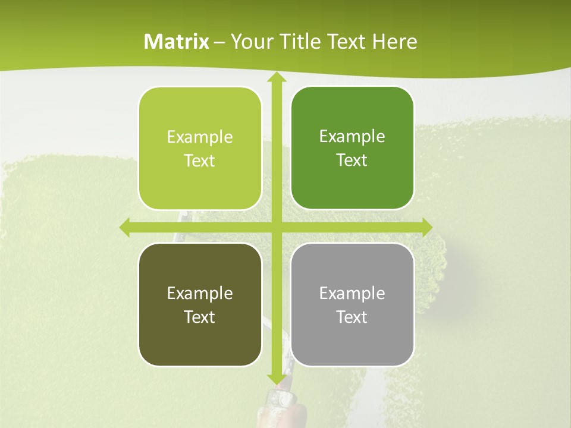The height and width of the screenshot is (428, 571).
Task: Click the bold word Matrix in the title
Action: coord(177,42)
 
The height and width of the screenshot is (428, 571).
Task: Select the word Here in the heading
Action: coord(395,42)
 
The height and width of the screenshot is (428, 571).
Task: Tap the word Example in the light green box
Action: coord(200,137)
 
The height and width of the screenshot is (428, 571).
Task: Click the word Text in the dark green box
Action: coord(352,160)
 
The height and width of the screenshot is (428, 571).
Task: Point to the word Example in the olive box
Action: coord(200,294)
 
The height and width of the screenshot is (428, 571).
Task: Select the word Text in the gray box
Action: coord(352,317)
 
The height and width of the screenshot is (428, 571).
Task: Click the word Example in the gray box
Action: coord(352,294)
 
